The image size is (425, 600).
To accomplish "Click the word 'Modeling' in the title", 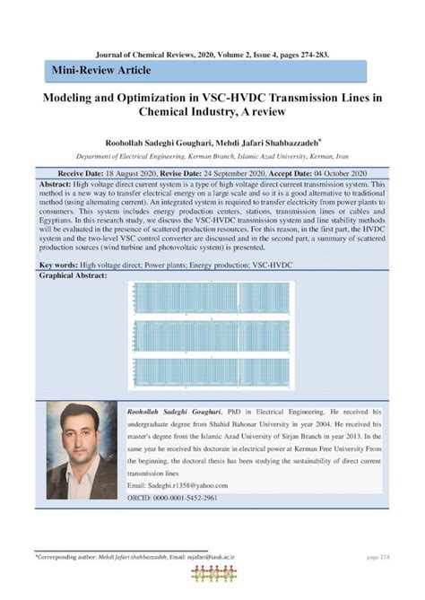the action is [70, 100].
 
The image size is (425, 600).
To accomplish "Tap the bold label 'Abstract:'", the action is [58, 182].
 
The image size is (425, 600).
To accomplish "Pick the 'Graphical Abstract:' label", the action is [74, 277].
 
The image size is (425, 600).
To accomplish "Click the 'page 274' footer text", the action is [377, 557].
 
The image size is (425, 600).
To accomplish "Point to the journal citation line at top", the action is [212, 54].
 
